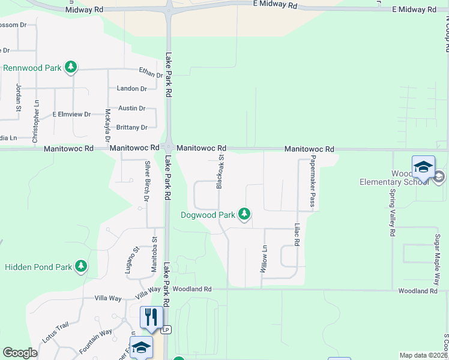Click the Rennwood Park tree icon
click(71, 67)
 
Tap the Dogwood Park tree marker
click(244, 214)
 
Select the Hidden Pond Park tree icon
click(81, 266)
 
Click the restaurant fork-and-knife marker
click(151, 316)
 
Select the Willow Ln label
click(263, 259)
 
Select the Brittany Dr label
click(132, 128)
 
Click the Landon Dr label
click(132, 89)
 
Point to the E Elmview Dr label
click(71, 114)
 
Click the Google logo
click(20, 353)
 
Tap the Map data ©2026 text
click(423, 355)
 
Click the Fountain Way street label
click(96, 340)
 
